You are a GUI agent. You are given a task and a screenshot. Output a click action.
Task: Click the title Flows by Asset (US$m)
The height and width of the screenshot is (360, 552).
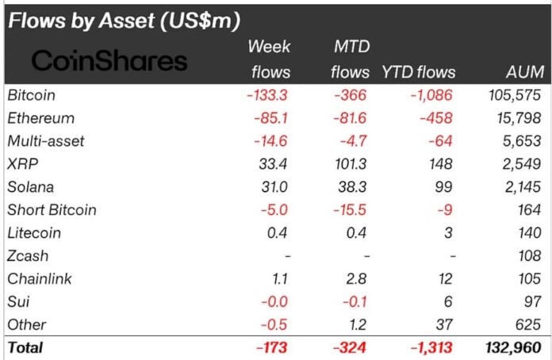123,21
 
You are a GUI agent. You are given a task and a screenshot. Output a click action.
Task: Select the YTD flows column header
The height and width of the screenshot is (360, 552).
419,72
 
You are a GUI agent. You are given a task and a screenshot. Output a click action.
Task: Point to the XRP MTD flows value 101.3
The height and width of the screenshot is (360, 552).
350,164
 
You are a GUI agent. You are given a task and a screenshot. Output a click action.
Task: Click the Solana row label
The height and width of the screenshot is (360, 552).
29,187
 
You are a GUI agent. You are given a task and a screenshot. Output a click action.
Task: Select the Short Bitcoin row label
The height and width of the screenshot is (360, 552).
52,210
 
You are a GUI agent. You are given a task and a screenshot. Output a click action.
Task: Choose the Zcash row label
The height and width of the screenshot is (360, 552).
28,256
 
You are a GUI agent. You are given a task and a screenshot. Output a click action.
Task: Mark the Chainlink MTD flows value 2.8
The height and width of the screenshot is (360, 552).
358,279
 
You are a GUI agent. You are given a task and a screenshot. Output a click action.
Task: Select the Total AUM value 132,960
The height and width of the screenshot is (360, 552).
512,347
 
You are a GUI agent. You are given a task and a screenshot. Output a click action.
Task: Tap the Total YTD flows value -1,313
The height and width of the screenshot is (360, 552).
431,347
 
